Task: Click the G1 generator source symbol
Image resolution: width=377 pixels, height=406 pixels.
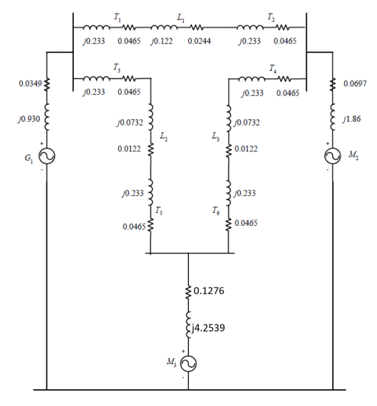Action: (47, 156)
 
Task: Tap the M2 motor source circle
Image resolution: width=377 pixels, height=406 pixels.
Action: (333, 156)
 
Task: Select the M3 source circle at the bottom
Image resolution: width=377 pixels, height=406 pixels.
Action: (188, 363)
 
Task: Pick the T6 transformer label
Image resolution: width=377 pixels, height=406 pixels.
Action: (219, 211)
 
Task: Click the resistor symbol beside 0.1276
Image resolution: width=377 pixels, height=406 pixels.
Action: (188, 290)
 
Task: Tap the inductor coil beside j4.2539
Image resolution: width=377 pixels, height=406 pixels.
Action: (188, 327)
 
